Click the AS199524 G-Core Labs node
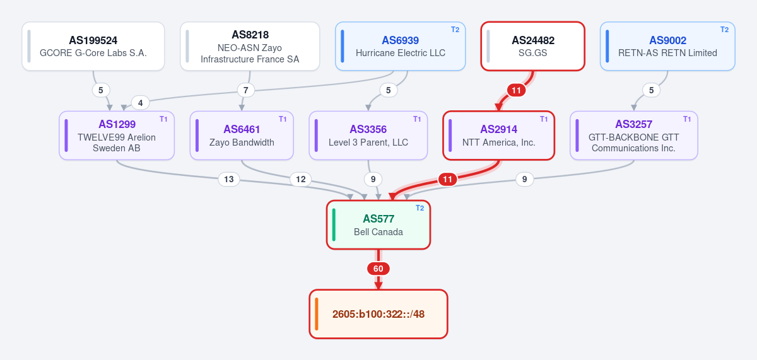pyautogui.click(x=93, y=46)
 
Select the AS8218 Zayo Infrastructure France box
pyautogui.click(x=250, y=46)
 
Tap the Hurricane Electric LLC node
pyautogui.click(x=400, y=46)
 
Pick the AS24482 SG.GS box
pyautogui.click(x=532, y=46)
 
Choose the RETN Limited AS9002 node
pyautogui.click(x=667, y=46)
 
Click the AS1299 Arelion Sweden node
pyautogui.click(x=117, y=136)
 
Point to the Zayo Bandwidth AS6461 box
pyautogui.click(x=242, y=136)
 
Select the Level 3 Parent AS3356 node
pyautogui.click(x=368, y=136)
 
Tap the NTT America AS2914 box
pyautogui.click(x=498, y=136)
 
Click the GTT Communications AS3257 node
pyautogui.click(x=633, y=136)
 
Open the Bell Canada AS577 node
pyautogui.click(x=378, y=225)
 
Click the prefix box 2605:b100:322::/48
pyautogui.click(x=378, y=314)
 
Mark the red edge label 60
pyautogui.click(x=378, y=269)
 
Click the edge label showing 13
pyautogui.click(x=229, y=179)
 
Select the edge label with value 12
pyautogui.click(x=300, y=179)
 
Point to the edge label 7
pyautogui.click(x=245, y=91)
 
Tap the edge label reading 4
pyautogui.click(x=140, y=103)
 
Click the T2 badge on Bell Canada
pyautogui.click(x=420, y=208)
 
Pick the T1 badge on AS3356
pyautogui.click(x=417, y=119)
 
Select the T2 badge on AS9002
pyautogui.click(x=724, y=30)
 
